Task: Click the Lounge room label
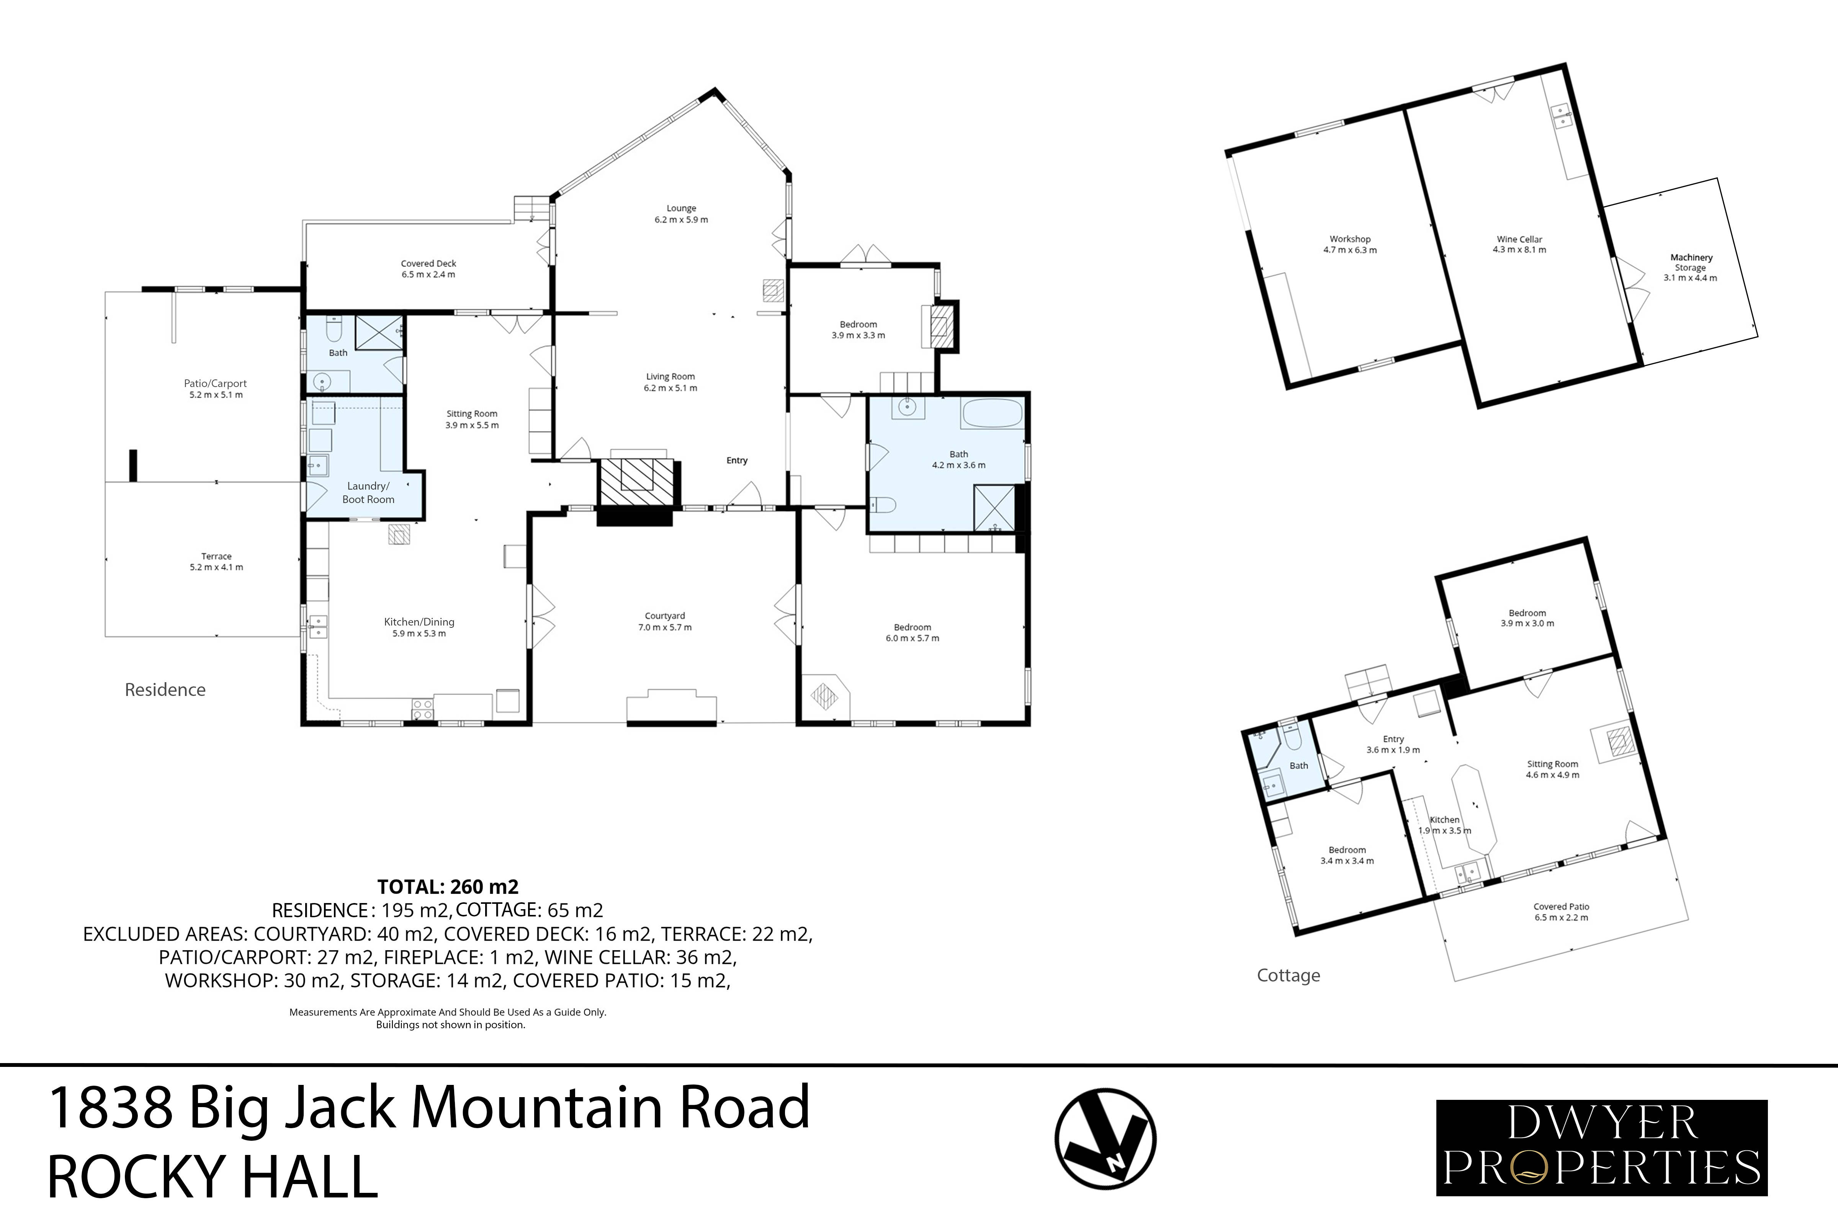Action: point(681,209)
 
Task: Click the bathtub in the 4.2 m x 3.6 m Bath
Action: point(992,413)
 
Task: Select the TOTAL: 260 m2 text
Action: point(448,887)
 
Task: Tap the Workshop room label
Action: point(1349,239)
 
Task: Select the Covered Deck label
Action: point(428,263)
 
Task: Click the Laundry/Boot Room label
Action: point(368,492)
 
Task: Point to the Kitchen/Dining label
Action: point(419,622)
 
